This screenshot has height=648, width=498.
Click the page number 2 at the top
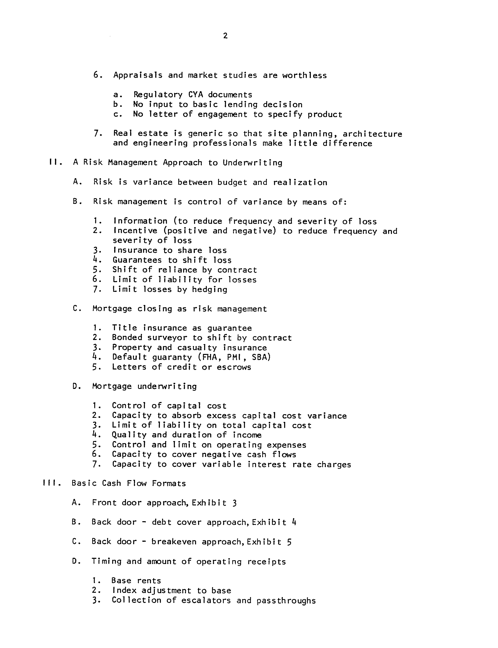(x=225, y=36)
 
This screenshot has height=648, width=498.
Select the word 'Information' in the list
(x=140, y=221)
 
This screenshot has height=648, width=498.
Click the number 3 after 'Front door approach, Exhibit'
(x=234, y=503)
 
